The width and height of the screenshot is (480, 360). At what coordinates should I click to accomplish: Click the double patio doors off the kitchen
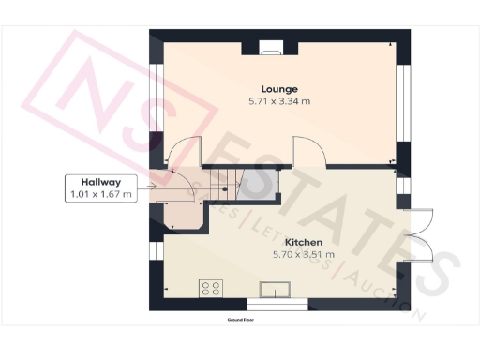click(418, 232)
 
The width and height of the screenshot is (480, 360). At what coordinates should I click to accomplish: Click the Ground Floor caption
click(242, 320)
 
